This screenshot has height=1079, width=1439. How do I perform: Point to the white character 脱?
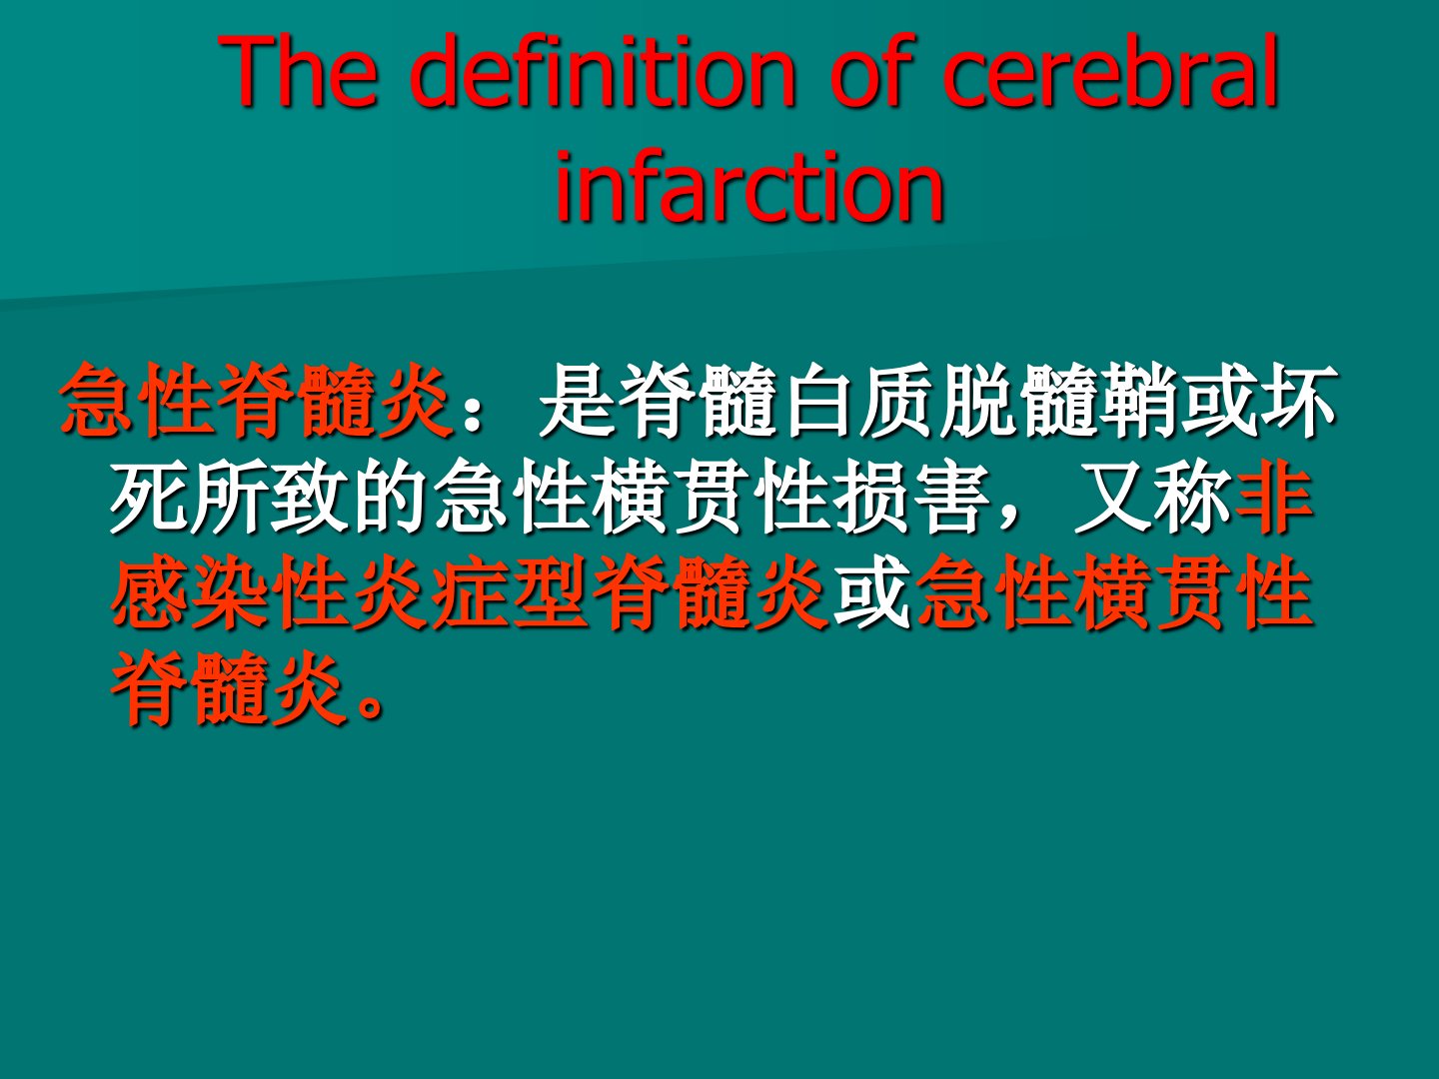coord(977,400)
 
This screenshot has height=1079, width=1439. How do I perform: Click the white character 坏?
coord(1297,400)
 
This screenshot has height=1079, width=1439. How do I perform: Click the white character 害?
coord(950,496)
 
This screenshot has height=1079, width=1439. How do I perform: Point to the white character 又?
coord(1110,496)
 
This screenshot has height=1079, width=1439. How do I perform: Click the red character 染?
coord(230,592)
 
